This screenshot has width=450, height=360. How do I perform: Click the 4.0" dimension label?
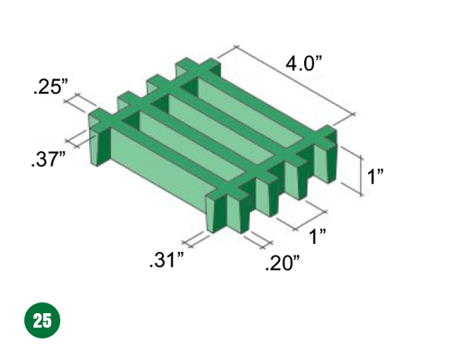click(303, 64)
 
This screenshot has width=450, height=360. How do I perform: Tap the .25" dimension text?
click(51, 87)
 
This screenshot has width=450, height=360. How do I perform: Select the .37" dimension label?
click(48, 159)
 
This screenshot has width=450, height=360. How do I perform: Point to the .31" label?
click(166, 260)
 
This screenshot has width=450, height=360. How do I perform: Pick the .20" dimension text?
click(283, 263)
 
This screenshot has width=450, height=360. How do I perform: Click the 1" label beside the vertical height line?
click(375, 176)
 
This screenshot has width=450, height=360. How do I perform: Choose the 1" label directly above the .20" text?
click(318, 236)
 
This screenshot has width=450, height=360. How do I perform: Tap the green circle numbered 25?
click(42, 320)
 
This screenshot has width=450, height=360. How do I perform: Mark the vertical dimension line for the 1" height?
click(362, 175)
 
